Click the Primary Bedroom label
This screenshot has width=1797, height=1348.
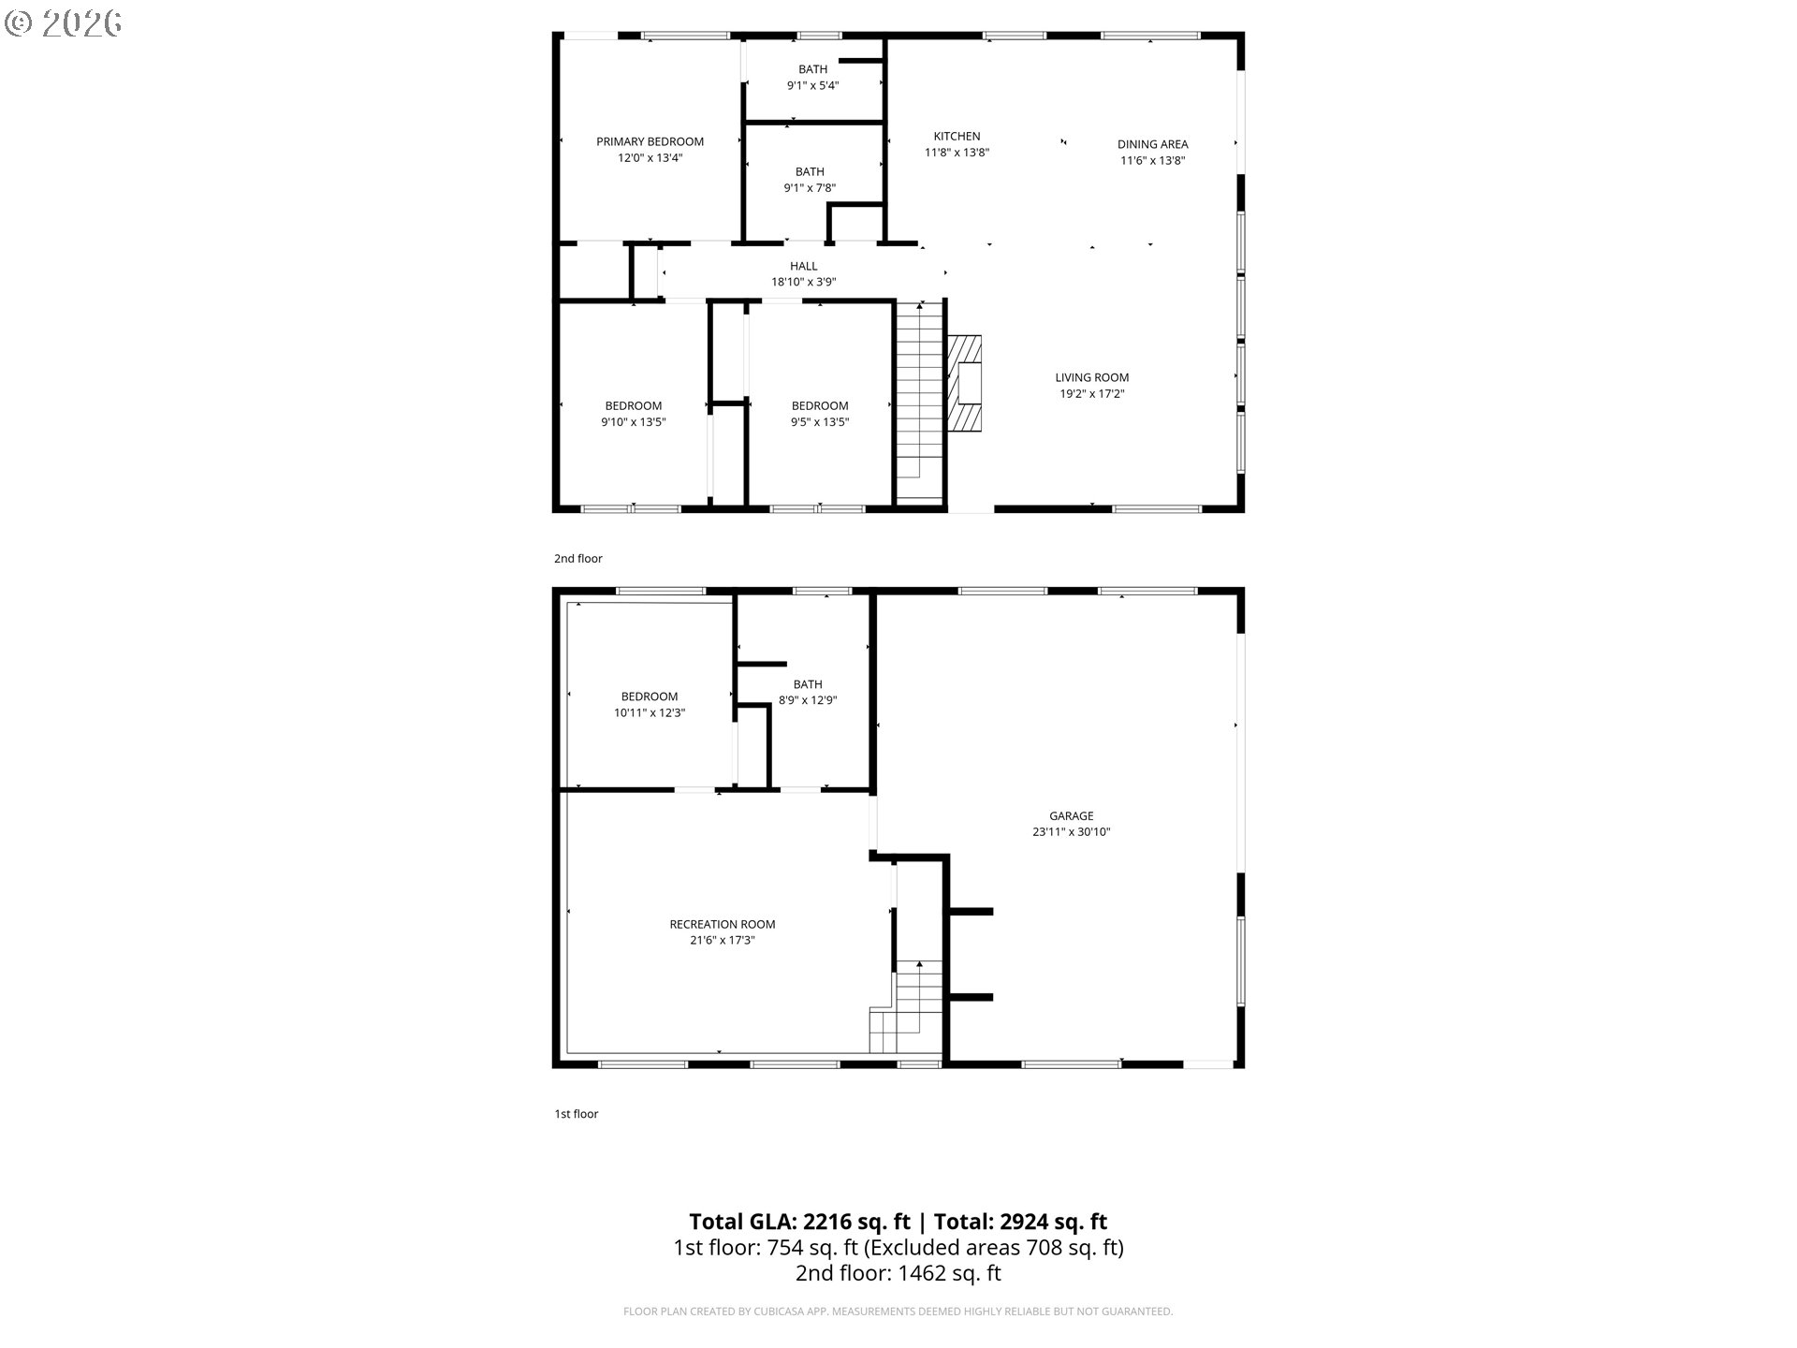click(x=650, y=142)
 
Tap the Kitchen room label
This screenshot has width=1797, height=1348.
click(x=957, y=137)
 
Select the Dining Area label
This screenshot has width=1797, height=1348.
click(x=1152, y=144)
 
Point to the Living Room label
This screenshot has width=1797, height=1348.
click(x=1091, y=378)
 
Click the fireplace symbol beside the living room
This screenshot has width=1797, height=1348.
click(x=966, y=383)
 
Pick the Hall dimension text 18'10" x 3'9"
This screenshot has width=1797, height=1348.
click(x=803, y=282)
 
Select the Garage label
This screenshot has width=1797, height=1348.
click(x=1071, y=816)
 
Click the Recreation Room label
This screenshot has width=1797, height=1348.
click(x=722, y=925)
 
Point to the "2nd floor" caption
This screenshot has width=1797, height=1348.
click(x=577, y=559)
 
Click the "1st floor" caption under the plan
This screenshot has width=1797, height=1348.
click(x=576, y=1114)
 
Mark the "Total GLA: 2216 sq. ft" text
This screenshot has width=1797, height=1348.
click(x=799, y=1222)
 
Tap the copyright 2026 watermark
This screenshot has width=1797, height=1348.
click(x=64, y=22)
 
